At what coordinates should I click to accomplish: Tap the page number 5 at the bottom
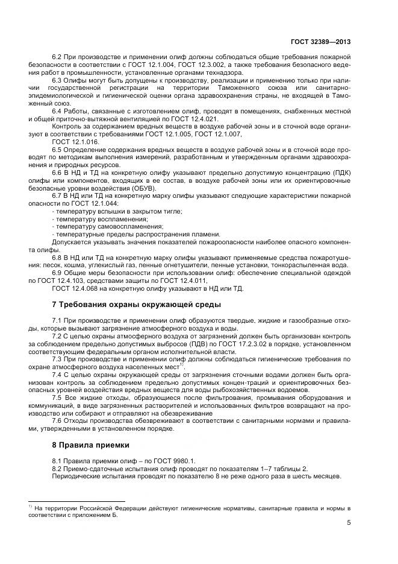coord(349,523)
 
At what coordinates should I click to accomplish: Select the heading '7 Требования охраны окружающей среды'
coord(137,305)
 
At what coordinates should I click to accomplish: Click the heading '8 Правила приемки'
coord(90,446)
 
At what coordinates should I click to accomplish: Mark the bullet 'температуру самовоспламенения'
coord(109,226)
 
